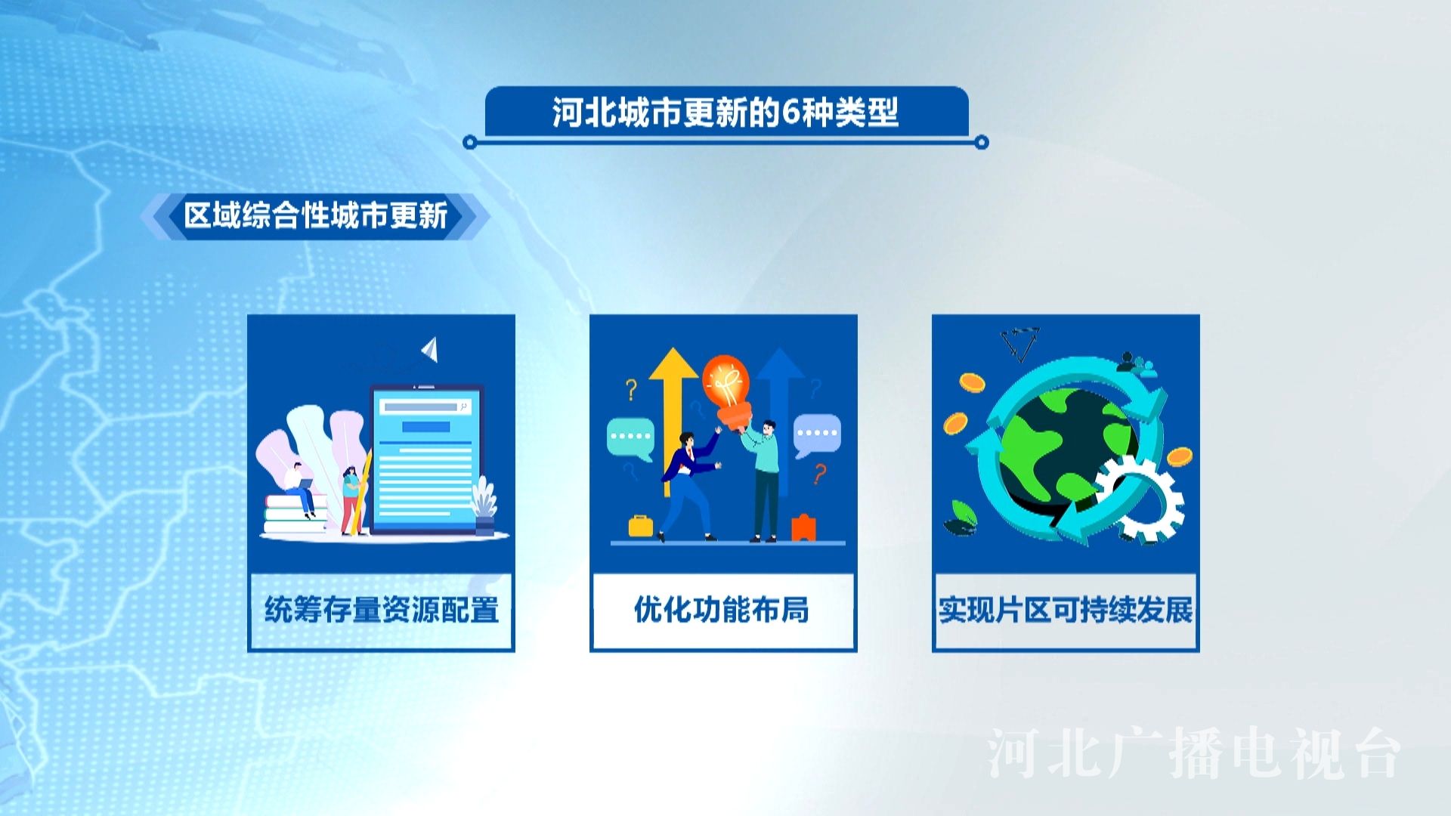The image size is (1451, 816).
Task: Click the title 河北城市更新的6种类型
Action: [725, 113]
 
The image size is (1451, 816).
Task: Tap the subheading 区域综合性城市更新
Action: [316, 216]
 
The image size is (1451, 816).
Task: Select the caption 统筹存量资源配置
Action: [382, 610]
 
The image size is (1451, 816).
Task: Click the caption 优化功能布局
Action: [722, 610]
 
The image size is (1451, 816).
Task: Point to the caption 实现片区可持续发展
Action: [1066, 610]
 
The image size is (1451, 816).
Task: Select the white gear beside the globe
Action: [1140, 499]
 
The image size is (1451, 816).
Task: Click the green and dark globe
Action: [1069, 446]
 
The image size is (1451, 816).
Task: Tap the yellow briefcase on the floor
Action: [641, 526]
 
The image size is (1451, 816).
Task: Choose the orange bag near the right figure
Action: [803, 527]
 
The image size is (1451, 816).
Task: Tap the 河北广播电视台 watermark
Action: [1194, 753]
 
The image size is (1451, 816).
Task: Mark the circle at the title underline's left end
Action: [470, 142]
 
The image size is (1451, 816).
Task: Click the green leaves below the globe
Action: [961, 518]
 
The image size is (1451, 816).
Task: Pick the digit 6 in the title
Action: [790, 113]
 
